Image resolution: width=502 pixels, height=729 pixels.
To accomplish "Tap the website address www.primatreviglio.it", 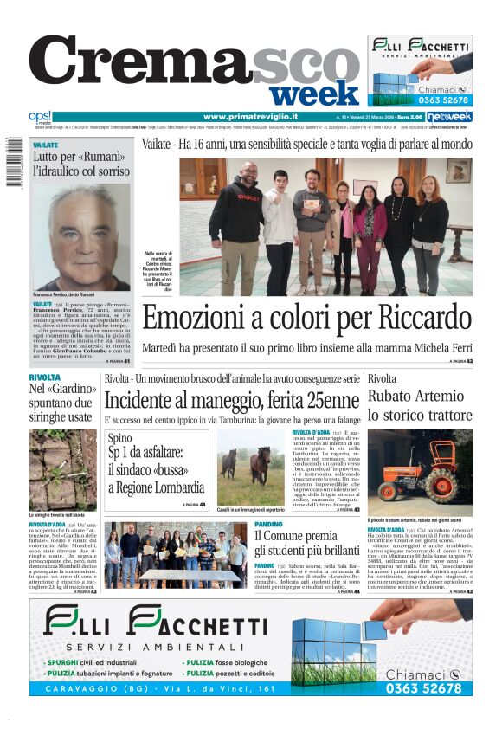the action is point(251,116).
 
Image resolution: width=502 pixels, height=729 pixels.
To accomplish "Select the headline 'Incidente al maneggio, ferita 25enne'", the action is point(231,400).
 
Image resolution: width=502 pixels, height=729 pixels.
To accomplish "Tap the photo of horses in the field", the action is point(250,468).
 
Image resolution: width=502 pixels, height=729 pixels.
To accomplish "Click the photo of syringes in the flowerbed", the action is point(63,470).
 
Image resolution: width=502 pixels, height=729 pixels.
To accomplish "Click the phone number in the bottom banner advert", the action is point(423,688).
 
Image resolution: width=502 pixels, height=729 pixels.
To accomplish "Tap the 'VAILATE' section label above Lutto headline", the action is point(46,145).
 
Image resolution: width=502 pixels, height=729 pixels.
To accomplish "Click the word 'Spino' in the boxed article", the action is point(120,438).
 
